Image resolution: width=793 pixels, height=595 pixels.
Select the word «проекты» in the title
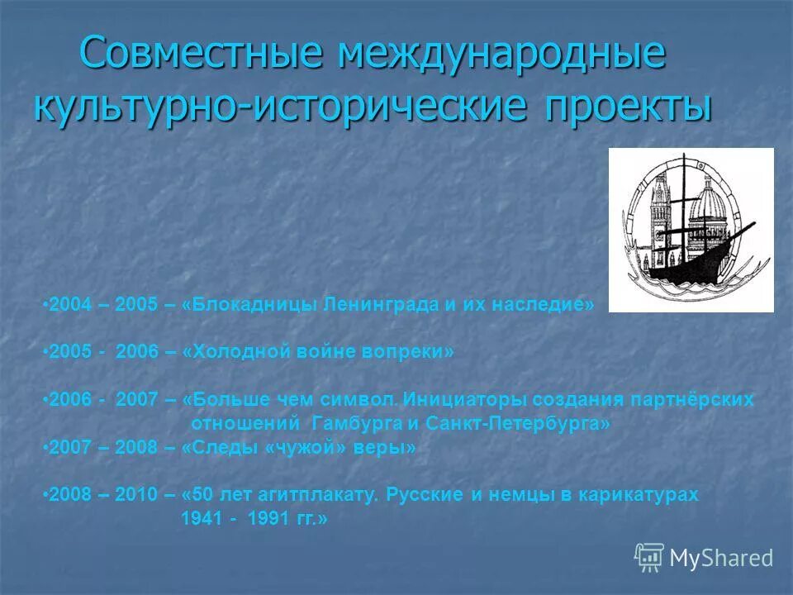point(629,107)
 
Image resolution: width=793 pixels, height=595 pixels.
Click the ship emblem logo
point(691,230)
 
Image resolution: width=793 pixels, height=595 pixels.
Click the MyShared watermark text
point(721,558)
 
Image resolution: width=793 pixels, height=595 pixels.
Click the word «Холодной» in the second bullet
point(233,351)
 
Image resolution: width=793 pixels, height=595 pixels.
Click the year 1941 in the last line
point(200,519)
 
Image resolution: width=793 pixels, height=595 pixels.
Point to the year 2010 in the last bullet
point(136,495)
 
